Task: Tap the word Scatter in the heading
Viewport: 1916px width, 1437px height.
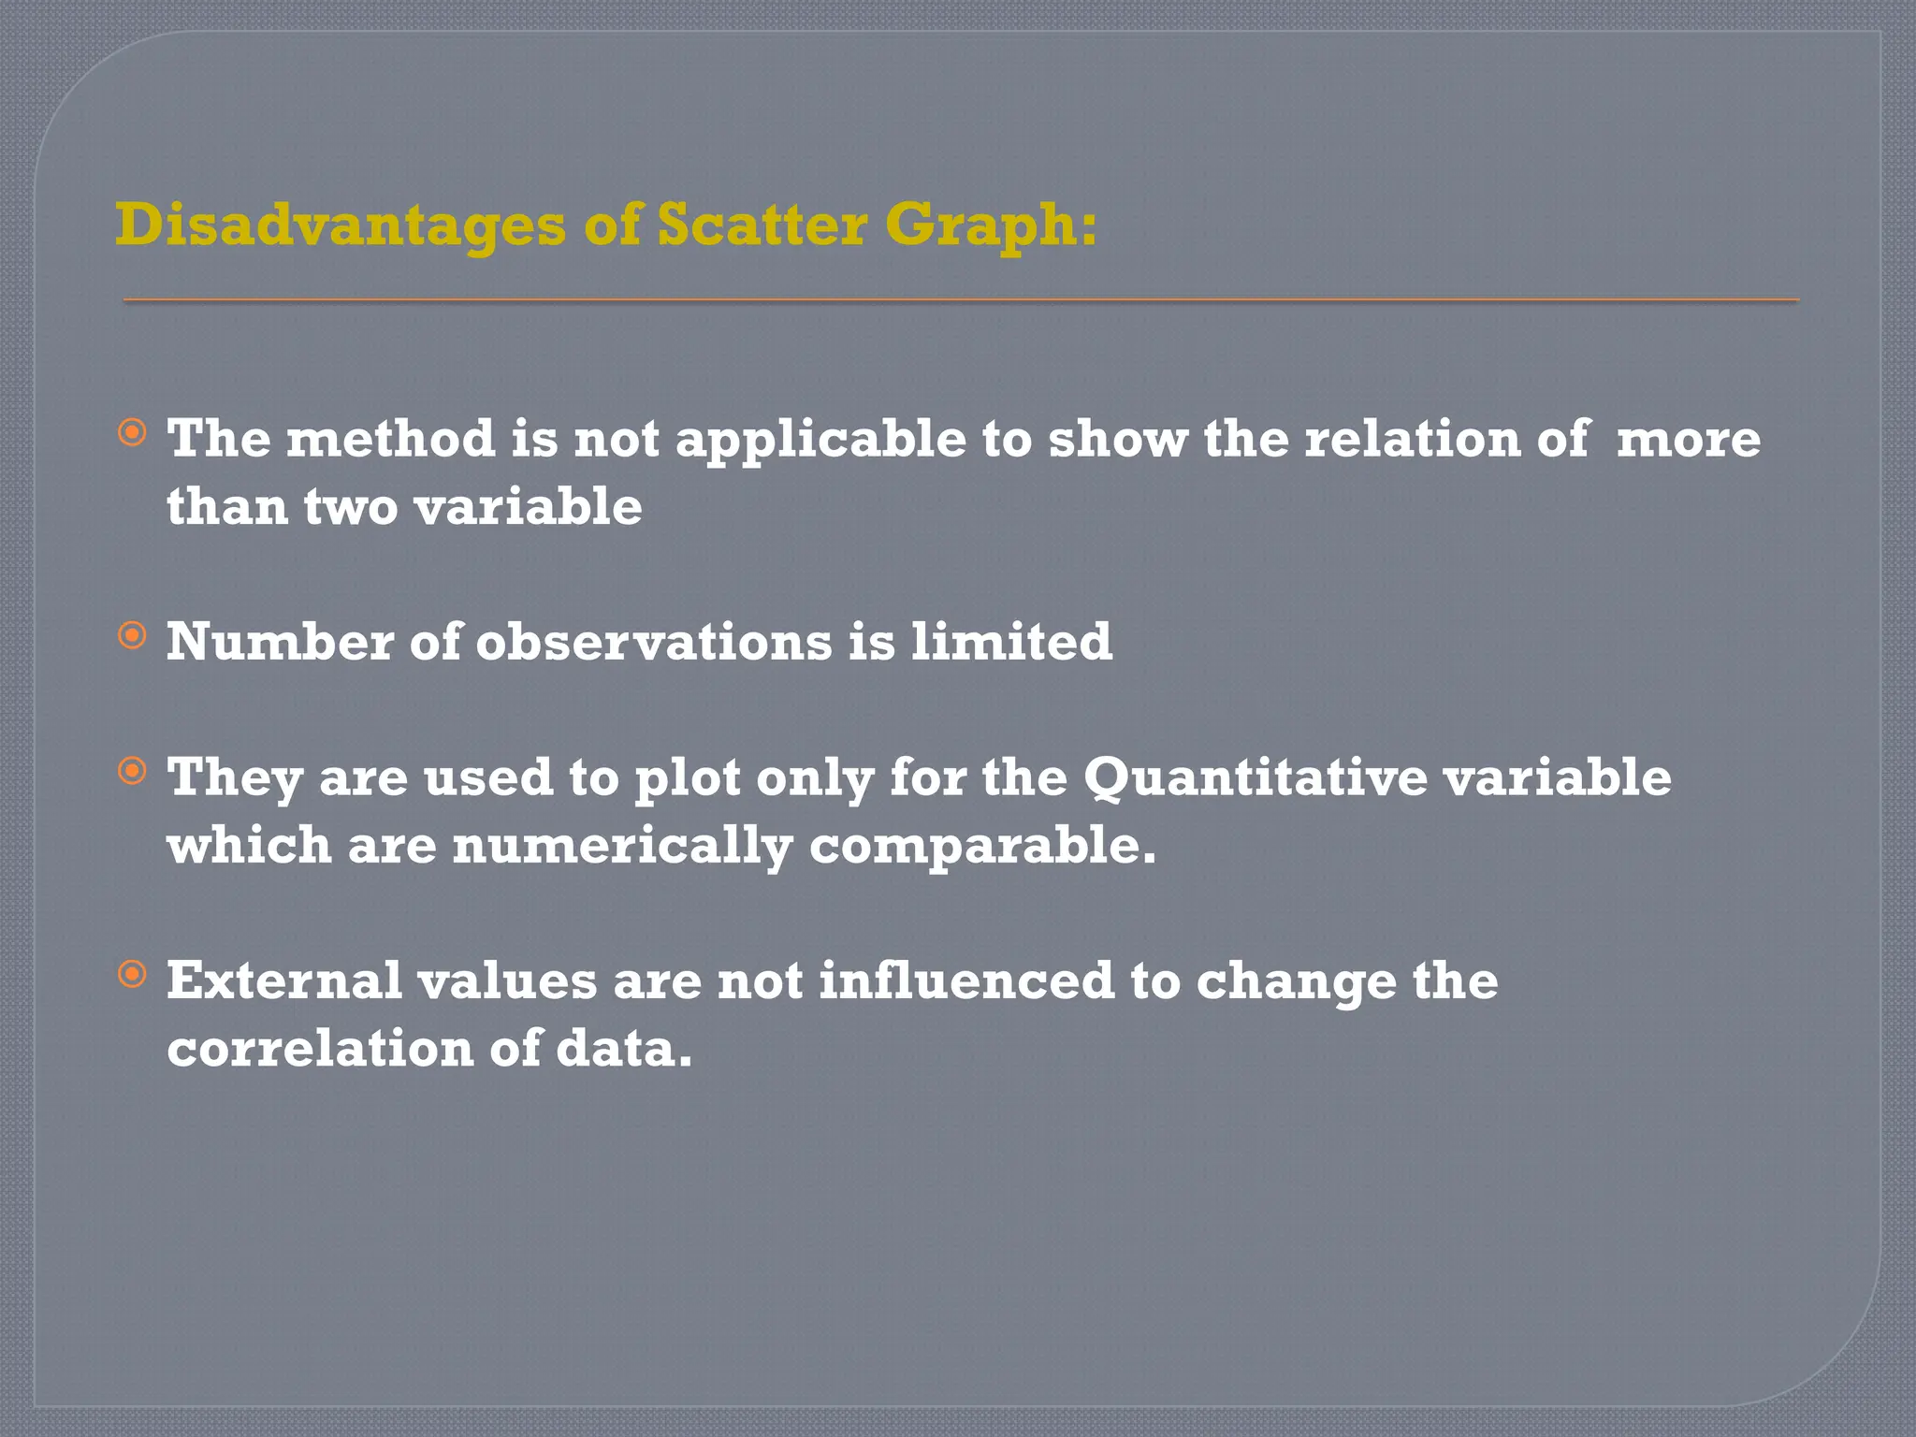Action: [762, 225]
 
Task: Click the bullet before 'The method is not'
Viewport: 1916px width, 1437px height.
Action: [133, 432]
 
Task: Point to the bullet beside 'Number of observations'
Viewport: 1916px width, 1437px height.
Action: [133, 636]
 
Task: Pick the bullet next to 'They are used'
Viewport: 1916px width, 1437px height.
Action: [133, 771]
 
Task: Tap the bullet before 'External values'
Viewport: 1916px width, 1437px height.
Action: [133, 974]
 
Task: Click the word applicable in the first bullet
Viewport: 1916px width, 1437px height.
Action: [820, 440]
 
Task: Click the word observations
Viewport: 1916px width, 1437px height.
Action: [654, 642]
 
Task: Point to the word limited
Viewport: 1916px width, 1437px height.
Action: [1011, 642]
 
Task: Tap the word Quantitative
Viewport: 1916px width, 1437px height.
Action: [1255, 778]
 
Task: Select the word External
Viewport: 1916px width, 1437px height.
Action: [283, 980]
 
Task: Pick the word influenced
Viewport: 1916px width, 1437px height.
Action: [966, 980]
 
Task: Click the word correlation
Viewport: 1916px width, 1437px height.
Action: [320, 1048]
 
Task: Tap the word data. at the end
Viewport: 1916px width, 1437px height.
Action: [624, 1048]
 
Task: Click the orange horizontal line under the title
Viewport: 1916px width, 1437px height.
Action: [961, 300]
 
